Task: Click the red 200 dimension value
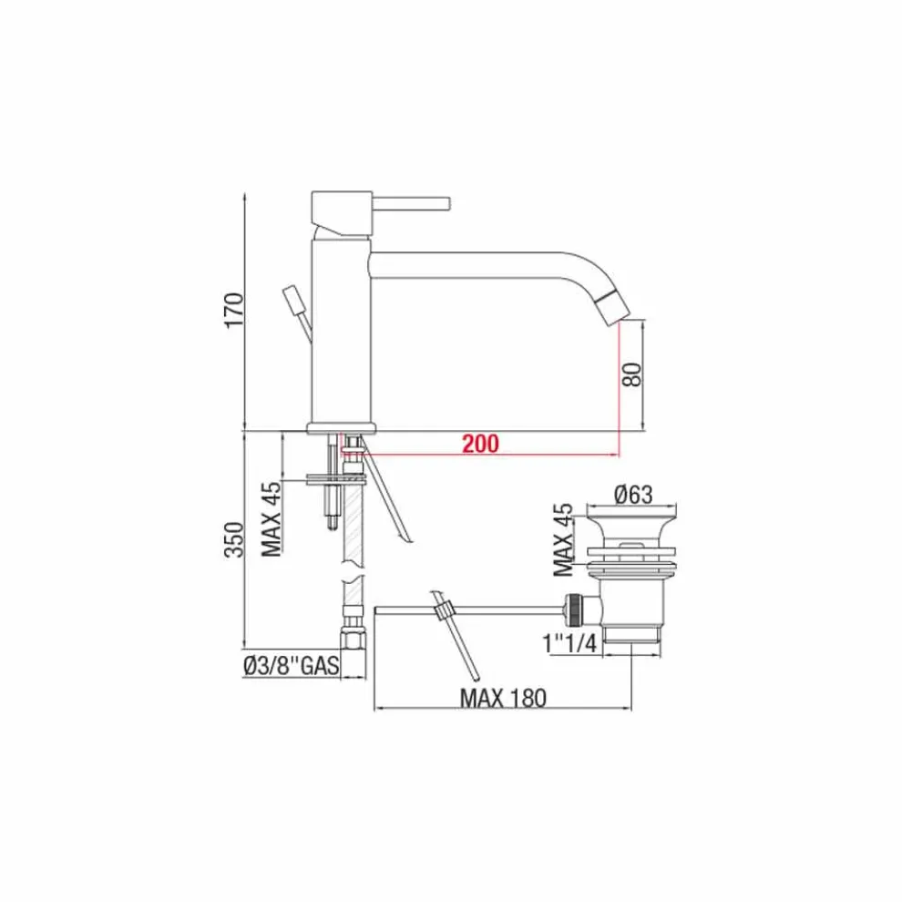pos(480,444)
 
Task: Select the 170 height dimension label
pos(234,311)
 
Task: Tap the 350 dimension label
pos(234,539)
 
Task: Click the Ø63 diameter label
pos(633,494)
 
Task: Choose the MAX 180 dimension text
pos(503,698)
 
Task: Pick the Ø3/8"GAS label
pos(291,666)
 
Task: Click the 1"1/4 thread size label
pos(570,642)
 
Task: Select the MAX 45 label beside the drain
pos(563,539)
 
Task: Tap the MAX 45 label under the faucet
pos(272,518)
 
